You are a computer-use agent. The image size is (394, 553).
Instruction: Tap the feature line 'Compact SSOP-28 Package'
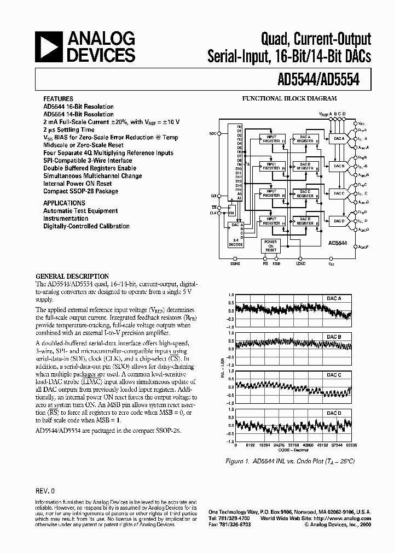(x=80, y=191)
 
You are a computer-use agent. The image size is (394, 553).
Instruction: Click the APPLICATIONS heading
(x=64, y=203)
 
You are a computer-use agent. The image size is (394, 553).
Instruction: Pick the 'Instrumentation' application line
(x=66, y=218)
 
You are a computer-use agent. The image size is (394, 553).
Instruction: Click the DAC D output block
(x=338, y=221)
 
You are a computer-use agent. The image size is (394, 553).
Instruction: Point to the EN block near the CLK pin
(x=231, y=213)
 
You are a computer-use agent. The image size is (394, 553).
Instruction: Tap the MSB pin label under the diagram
(x=276, y=263)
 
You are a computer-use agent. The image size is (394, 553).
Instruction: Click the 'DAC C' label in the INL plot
(x=334, y=375)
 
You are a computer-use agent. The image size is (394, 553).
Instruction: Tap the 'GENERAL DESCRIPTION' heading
(x=72, y=276)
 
